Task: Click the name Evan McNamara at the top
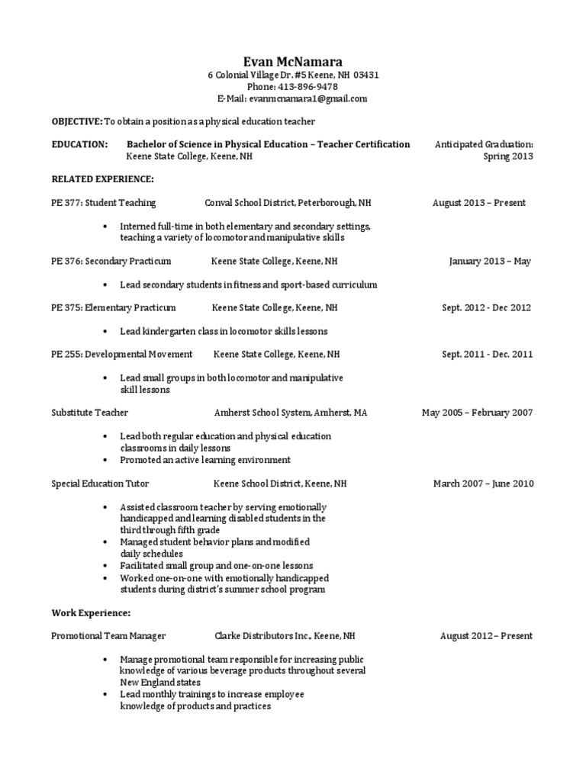tap(293, 62)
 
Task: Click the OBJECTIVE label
tap(76, 121)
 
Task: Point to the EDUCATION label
tap(79, 144)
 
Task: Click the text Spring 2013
tap(508, 156)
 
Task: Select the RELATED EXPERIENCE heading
tap(102, 179)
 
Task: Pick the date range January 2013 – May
tap(490, 262)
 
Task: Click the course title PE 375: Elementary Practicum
tap(113, 308)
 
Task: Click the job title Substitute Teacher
tap(84, 413)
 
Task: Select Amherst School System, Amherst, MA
tap(291, 413)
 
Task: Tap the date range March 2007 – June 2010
tap(483, 484)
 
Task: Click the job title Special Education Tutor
tap(100, 484)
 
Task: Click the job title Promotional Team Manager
tap(108, 636)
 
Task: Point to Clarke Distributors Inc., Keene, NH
tap(284, 636)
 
